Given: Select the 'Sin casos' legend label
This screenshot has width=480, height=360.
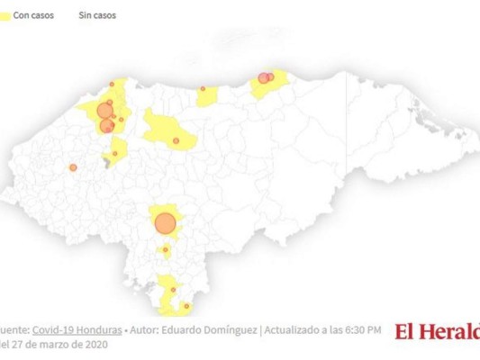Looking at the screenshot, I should (x=97, y=15).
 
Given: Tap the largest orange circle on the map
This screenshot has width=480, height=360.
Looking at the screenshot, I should (x=165, y=223).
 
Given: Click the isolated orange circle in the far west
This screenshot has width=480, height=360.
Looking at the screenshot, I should (x=73, y=167).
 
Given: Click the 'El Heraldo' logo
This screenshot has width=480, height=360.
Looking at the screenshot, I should (x=438, y=331).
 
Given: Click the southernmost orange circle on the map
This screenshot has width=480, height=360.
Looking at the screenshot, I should (x=186, y=306).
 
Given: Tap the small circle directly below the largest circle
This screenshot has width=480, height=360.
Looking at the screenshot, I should (x=166, y=250).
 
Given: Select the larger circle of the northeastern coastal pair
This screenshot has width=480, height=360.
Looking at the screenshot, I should (x=263, y=78).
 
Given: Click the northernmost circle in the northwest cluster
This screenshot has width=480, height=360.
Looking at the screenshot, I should (x=112, y=85).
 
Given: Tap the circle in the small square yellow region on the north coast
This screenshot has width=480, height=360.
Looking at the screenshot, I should (x=203, y=89).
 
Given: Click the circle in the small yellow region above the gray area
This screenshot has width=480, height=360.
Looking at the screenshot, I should (x=114, y=153).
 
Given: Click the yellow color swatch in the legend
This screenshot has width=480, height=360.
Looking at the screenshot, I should (x=5, y=15).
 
